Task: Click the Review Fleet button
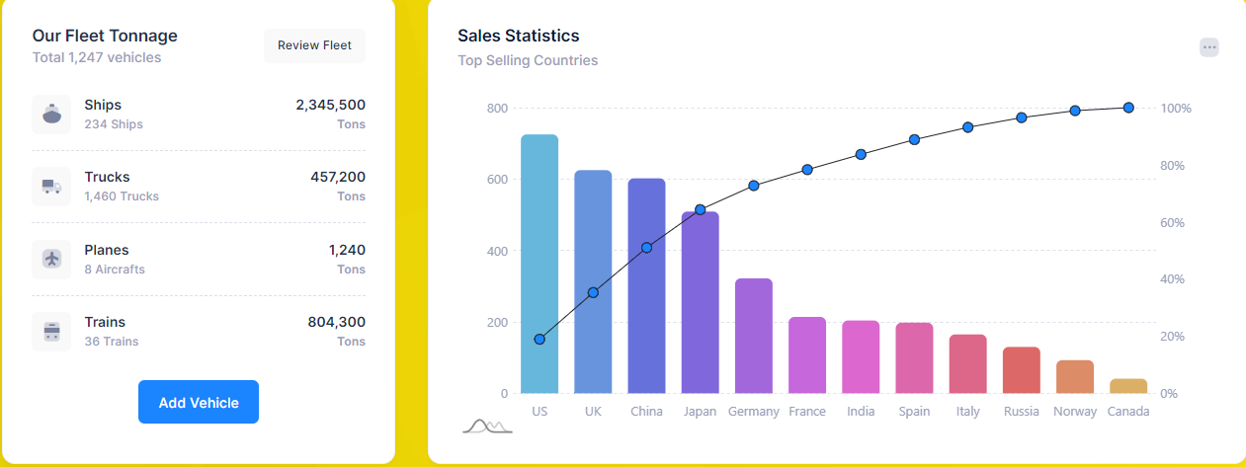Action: [x=314, y=45]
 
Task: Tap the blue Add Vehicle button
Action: [x=199, y=402]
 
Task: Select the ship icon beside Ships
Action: [x=51, y=115]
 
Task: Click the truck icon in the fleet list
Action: [x=51, y=187]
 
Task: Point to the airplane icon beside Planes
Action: [x=51, y=259]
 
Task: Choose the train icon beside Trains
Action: [x=51, y=332]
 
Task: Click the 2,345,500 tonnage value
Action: [x=330, y=105]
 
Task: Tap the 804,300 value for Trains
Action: [x=336, y=322]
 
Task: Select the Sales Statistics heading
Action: [x=518, y=36]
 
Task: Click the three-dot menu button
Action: [x=1209, y=47]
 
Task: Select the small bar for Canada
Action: [x=1128, y=386]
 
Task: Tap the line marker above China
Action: [x=647, y=248]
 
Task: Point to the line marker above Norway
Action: [x=1075, y=111]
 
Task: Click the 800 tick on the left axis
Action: [x=497, y=108]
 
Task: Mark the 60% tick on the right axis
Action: [x=1172, y=222]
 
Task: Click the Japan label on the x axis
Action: [x=700, y=412]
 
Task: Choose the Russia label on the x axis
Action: [x=1021, y=412]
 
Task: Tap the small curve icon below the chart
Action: [x=487, y=426]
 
